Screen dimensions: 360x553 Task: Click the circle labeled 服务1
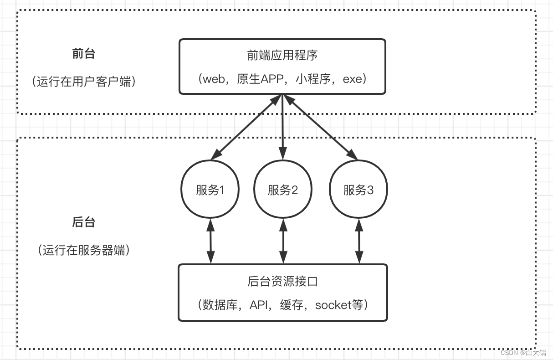tap(210, 189)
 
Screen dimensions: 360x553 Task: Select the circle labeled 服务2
tap(283, 189)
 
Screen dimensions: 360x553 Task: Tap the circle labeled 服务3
tap(358, 189)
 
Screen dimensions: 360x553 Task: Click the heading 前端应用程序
tap(282, 55)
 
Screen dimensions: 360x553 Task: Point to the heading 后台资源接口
tap(282, 282)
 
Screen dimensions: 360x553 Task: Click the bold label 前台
tap(83, 53)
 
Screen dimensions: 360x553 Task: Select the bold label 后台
tap(83, 222)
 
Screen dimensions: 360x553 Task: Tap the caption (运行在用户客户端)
tap(84, 82)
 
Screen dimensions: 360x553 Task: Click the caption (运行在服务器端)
tap(84, 250)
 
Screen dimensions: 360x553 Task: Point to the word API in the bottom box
tap(260, 305)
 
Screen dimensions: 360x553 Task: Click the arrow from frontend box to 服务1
tap(246, 128)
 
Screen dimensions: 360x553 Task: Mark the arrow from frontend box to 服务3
tap(321, 128)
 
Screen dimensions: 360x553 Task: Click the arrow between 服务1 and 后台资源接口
tap(210, 241)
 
